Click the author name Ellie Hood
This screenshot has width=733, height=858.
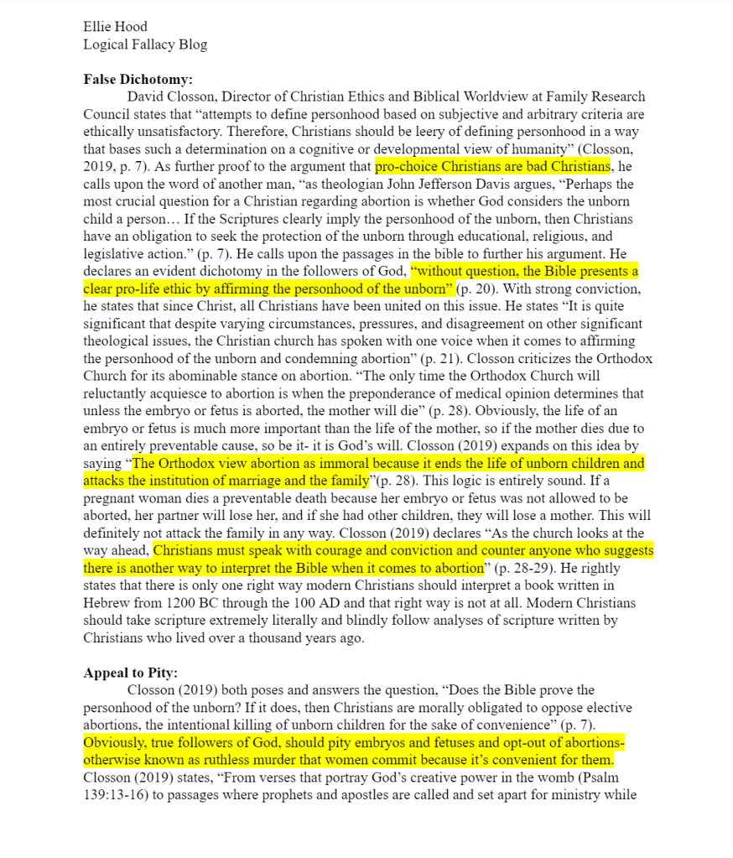tap(115, 27)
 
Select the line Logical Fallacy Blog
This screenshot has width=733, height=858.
tap(145, 44)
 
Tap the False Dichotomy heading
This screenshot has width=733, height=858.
tap(138, 80)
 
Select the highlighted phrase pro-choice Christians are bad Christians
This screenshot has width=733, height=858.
tap(492, 166)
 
